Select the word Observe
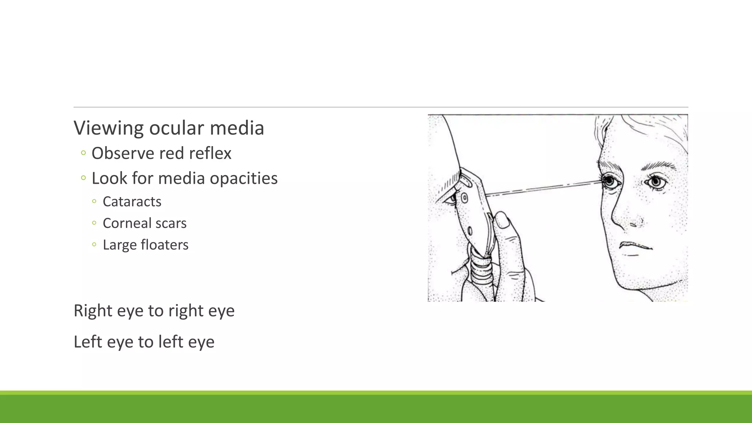[123, 153]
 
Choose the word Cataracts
[132, 202]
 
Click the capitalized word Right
[93, 311]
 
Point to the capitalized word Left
[87, 342]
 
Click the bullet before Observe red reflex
[83, 153]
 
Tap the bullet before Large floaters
[94, 245]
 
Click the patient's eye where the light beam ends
[610, 181]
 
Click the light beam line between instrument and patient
[543, 188]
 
